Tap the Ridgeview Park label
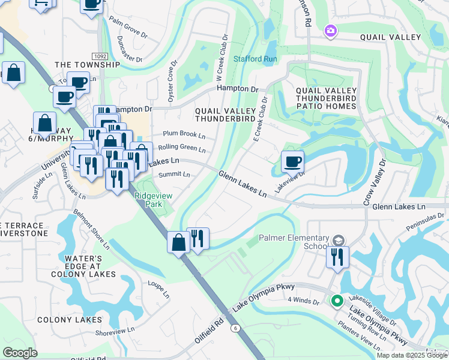click(x=148, y=200)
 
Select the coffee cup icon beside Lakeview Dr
click(x=292, y=161)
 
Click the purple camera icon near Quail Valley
click(x=330, y=31)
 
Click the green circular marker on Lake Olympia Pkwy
click(x=337, y=301)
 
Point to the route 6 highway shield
click(x=236, y=328)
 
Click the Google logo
click(x=20, y=352)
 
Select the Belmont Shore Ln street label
click(x=91, y=228)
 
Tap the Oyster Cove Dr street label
click(x=173, y=83)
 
